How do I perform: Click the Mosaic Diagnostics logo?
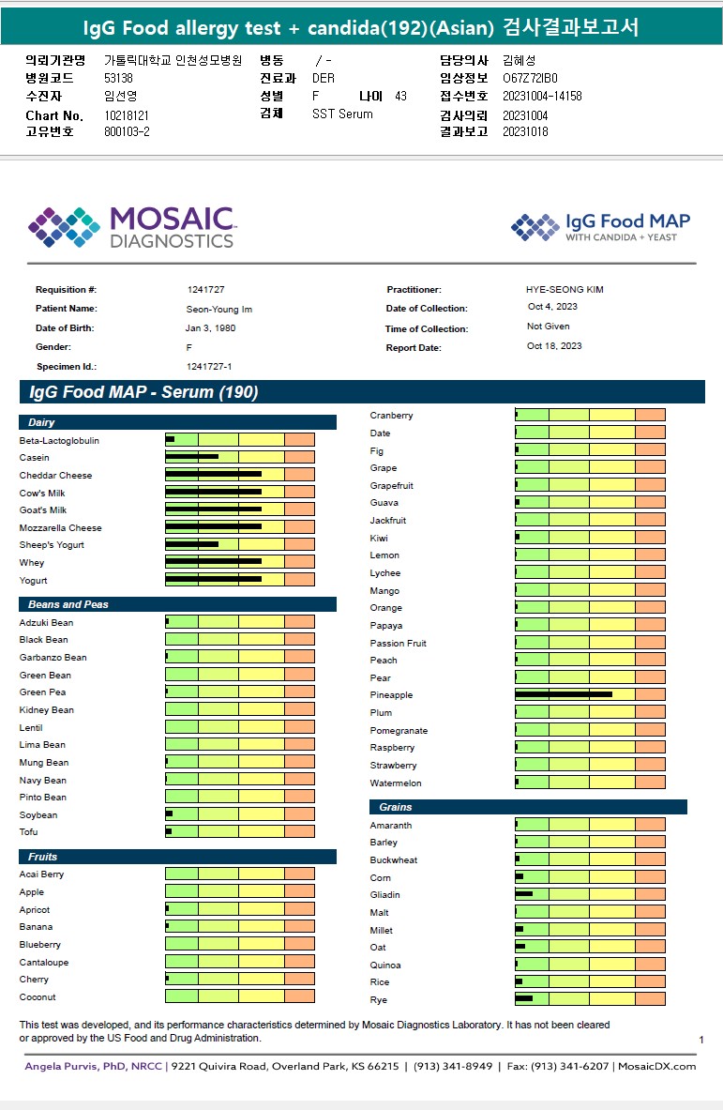click(x=131, y=227)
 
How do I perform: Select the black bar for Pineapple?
click(x=564, y=695)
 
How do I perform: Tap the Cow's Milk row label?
click(x=42, y=494)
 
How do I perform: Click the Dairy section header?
click(x=41, y=423)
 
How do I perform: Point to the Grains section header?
click(x=396, y=807)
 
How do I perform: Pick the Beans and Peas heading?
click(x=68, y=604)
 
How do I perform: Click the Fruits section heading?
click(x=42, y=857)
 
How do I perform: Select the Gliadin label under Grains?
click(x=385, y=895)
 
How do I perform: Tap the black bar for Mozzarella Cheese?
click(x=213, y=527)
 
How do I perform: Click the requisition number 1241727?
click(x=205, y=290)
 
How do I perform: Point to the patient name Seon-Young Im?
click(x=219, y=309)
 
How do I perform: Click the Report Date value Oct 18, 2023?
click(x=554, y=346)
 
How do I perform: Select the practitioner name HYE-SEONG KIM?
click(x=565, y=290)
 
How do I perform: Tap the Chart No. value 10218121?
click(x=127, y=115)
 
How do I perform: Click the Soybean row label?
click(x=38, y=815)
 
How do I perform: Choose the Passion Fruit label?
click(x=399, y=644)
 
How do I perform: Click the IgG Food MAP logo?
click(x=600, y=227)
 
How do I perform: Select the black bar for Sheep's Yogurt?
click(x=191, y=545)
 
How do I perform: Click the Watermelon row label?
click(x=396, y=783)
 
